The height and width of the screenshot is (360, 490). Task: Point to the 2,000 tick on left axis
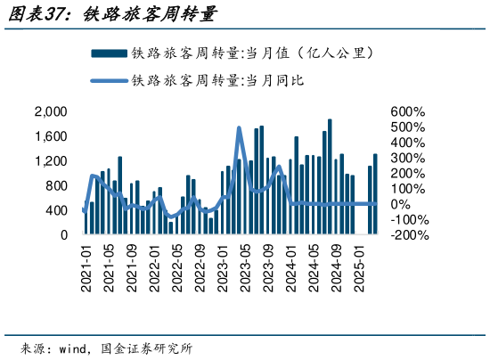click(51, 111)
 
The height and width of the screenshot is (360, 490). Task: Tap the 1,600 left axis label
click(51, 136)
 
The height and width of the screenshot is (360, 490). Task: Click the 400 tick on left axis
click(56, 210)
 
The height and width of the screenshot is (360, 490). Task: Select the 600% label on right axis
click(408, 112)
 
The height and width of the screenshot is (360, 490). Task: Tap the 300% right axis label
click(408, 159)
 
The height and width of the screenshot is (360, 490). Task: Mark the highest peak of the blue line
click(239, 127)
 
